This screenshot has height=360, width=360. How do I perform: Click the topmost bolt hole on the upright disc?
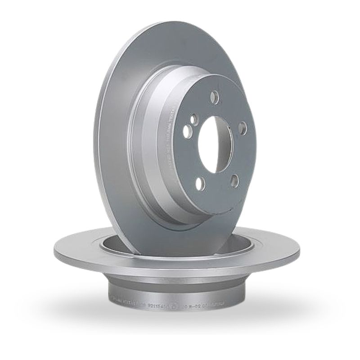[x=215, y=97]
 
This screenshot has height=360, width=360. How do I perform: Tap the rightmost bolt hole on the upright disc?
[x=242, y=128]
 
